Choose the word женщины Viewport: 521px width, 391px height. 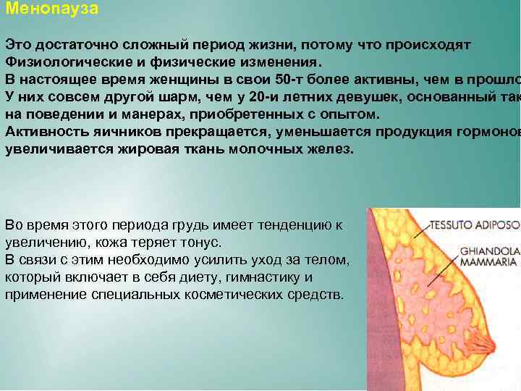(169, 79)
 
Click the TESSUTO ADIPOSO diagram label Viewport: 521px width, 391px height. (475, 225)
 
